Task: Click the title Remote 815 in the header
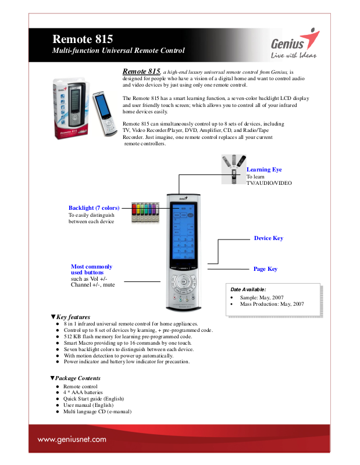pos(83,40)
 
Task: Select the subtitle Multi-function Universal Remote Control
pos(119,51)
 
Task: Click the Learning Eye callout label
pos(264,170)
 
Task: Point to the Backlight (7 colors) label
pos(94,208)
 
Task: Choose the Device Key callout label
pos(269,238)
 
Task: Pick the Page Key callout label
pos(265,269)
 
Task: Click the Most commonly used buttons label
pos(91,269)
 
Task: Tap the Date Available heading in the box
pos(248,289)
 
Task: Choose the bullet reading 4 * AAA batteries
pos(83,392)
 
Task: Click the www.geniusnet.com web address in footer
pos(72,440)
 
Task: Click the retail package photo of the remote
pos(73,108)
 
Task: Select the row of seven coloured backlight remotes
pos(144,213)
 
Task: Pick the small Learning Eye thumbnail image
pos(234,169)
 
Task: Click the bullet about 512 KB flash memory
pos(127,337)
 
